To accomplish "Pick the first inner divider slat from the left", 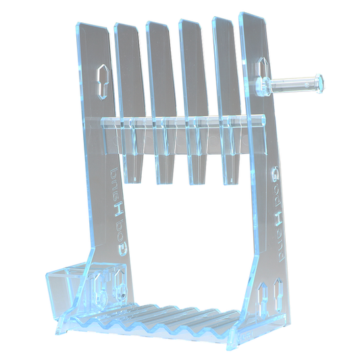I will click(x=130, y=74).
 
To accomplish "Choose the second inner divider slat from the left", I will click(x=161, y=74).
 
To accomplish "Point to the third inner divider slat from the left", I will click(x=193, y=74).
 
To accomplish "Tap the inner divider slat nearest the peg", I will click(x=226, y=74).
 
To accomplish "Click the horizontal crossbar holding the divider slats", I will click(x=179, y=122).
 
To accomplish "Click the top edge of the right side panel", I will click(x=251, y=16).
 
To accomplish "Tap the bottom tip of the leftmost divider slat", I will click(x=137, y=179).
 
